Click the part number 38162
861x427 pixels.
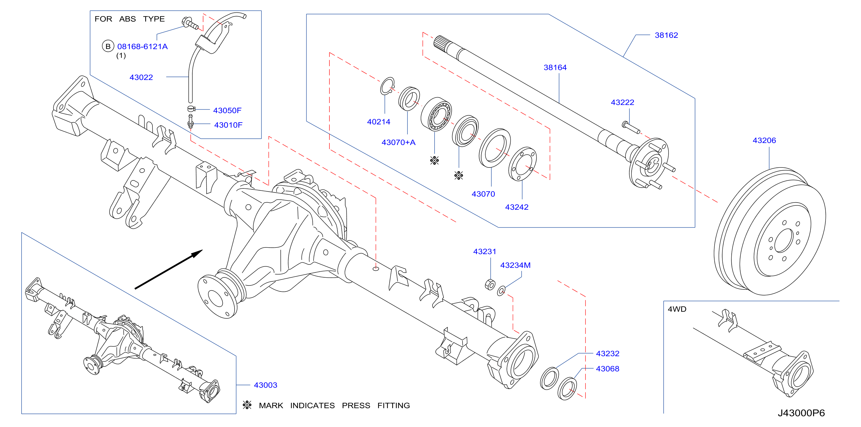click(666, 35)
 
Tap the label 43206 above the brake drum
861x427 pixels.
click(764, 140)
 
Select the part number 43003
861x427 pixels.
click(265, 385)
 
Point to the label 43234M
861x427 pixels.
click(515, 265)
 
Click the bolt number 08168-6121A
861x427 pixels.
click(142, 46)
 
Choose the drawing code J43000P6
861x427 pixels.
click(801, 413)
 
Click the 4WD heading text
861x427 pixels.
click(677, 309)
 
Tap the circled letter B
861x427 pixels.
click(108, 46)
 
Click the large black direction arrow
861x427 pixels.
click(169, 269)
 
